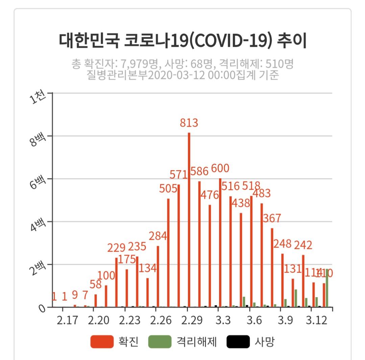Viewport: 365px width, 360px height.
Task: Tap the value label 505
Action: click(x=168, y=188)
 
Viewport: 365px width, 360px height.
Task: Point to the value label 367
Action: click(x=272, y=218)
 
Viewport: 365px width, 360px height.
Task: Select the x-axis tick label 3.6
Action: click(x=254, y=320)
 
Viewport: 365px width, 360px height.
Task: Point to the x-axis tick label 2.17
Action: click(x=68, y=320)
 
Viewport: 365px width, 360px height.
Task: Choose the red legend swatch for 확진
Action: click(x=102, y=342)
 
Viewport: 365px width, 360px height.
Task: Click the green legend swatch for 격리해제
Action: click(x=160, y=342)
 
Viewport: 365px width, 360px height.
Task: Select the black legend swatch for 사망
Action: click(x=238, y=342)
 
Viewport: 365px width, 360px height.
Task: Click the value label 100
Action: click(x=106, y=276)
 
